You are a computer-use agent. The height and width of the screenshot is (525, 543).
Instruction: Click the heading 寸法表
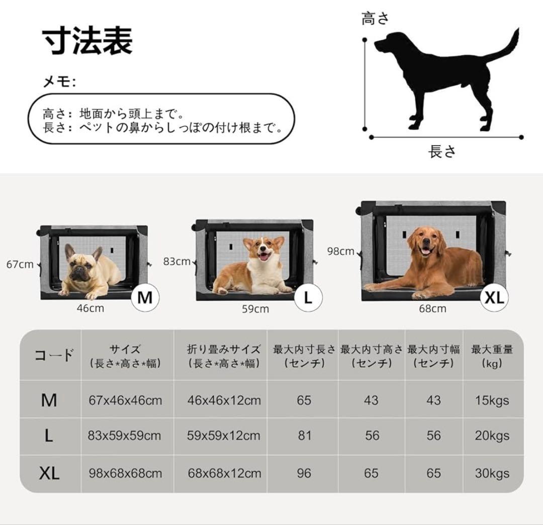(x=87, y=41)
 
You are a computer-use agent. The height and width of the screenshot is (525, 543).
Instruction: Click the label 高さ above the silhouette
(x=375, y=19)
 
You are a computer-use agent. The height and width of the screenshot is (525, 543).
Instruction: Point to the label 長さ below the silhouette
(x=442, y=151)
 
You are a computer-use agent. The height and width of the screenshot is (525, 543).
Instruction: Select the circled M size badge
(x=145, y=297)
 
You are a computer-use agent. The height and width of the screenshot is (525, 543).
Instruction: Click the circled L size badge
(x=308, y=297)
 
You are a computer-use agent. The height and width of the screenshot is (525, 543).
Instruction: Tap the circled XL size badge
(x=494, y=297)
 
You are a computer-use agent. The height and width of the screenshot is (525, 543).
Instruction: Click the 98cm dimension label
(x=340, y=251)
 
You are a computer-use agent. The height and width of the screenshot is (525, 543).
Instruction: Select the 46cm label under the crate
(x=90, y=308)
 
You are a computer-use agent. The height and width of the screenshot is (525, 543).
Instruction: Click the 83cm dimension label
(x=176, y=261)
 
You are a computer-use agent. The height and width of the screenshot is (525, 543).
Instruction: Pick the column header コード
(x=53, y=356)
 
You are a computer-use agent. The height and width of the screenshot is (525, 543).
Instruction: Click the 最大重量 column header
(x=492, y=356)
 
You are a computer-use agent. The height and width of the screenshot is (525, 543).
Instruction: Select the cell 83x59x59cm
(x=124, y=436)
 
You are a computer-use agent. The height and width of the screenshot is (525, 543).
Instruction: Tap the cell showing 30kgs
(x=492, y=473)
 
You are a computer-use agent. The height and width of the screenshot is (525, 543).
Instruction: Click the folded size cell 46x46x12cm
(x=224, y=400)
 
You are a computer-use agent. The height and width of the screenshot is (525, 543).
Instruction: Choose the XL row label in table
(x=49, y=473)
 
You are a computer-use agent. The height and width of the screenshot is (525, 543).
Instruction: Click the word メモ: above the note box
(x=59, y=82)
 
